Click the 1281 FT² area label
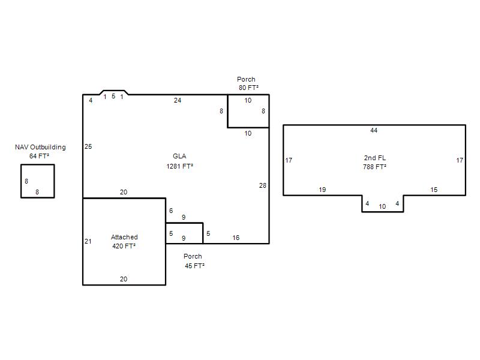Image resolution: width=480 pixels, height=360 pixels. (x=179, y=166)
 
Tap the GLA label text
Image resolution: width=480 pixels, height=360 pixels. (x=179, y=156)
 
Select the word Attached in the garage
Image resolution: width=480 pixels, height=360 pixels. (x=124, y=237)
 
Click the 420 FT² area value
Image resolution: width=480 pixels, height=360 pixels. (x=124, y=246)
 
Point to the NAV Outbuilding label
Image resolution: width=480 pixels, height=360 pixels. (x=40, y=147)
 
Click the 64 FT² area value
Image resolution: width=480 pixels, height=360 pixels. (x=39, y=156)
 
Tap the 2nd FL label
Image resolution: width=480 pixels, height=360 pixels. (x=374, y=158)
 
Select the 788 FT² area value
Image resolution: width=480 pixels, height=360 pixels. (x=374, y=167)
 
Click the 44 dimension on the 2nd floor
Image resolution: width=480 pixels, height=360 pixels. (x=374, y=130)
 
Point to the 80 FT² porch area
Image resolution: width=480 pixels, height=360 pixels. (x=248, y=88)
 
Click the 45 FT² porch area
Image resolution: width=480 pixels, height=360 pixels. (x=194, y=266)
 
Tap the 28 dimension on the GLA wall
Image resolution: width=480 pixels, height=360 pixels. (x=263, y=185)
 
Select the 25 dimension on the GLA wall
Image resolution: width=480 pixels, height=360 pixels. (x=88, y=146)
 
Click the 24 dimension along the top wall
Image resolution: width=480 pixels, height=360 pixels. (x=178, y=100)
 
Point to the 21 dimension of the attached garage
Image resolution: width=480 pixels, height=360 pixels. (x=88, y=242)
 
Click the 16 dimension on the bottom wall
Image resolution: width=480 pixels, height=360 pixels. (x=236, y=238)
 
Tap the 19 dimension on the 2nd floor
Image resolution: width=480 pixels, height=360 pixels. (x=322, y=190)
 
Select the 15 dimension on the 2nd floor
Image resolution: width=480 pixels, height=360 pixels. (x=434, y=190)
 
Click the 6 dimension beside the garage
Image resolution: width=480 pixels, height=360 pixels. (x=171, y=211)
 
